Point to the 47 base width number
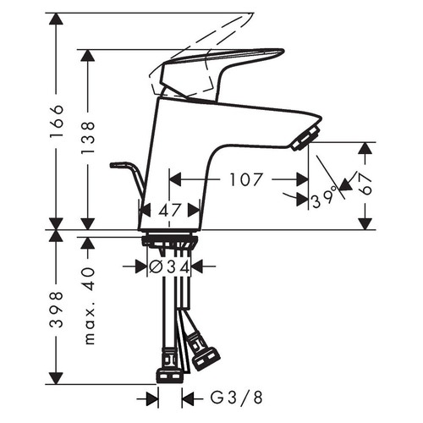(170, 211)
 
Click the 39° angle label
(322, 199)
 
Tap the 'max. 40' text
(90, 307)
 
